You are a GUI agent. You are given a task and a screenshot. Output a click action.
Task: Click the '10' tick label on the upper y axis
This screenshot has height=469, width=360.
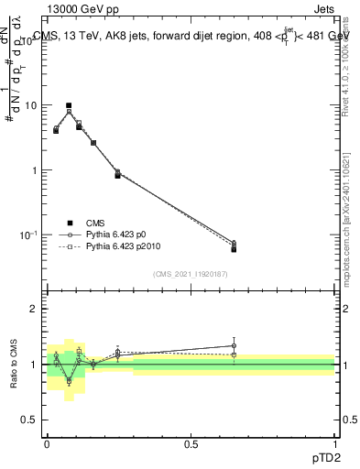click(29, 105)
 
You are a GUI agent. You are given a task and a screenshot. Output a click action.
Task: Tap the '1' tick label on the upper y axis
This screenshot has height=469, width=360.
click(33, 170)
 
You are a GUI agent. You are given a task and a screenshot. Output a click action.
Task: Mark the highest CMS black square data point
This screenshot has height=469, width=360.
click(69, 106)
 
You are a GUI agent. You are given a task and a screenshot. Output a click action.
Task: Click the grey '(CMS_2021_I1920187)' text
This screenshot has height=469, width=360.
click(190, 274)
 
